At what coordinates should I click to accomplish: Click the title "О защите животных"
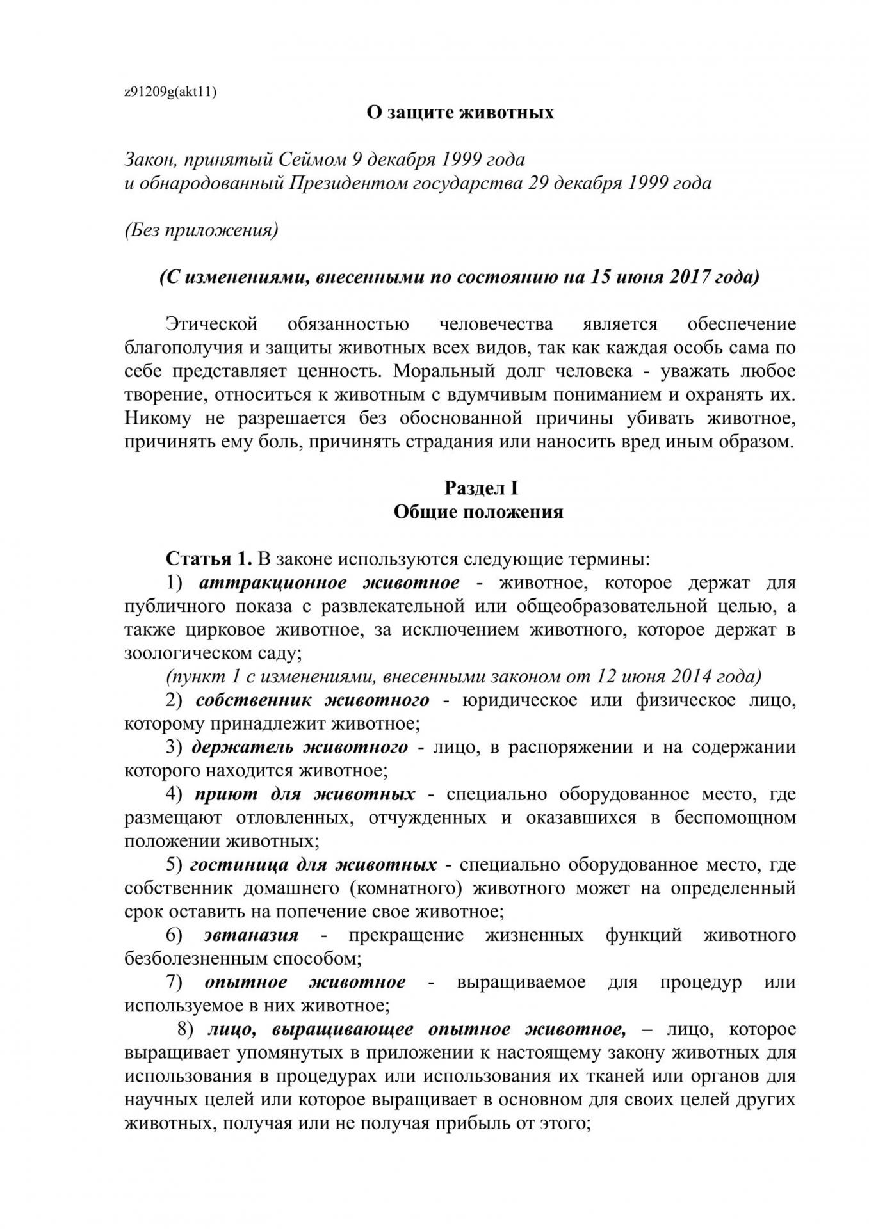pos(460,113)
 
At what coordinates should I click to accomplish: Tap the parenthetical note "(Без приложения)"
pos(201,230)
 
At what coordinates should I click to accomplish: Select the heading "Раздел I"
pos(481,488)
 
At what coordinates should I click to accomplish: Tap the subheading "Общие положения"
pos(478,512)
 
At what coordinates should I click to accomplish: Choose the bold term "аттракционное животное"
pos(329,583)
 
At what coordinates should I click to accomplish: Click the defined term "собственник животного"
pos(313,700)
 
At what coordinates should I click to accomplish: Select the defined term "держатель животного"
pos(300,747)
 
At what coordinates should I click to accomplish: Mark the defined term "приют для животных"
pos(305,794)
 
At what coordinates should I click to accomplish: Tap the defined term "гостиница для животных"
pos(314,865)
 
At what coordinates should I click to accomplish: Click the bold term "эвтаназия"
pos(251,935)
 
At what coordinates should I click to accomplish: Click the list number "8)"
pos(185,1029)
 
